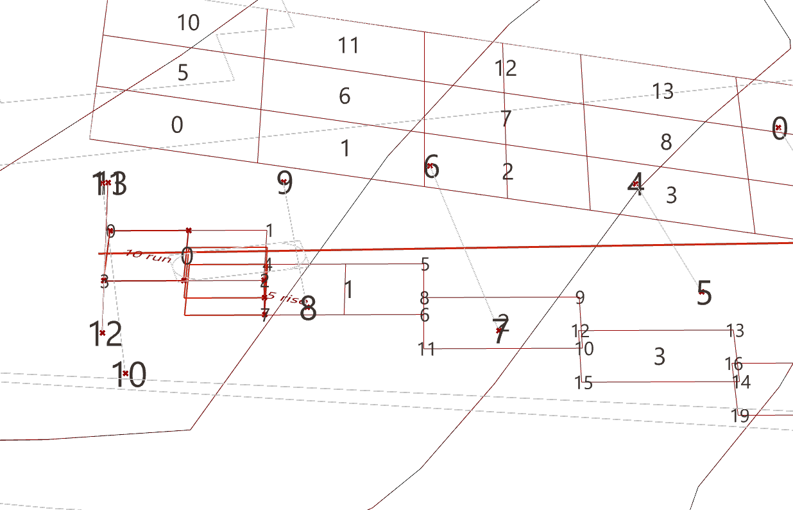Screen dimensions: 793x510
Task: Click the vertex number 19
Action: click(x=740, y=416)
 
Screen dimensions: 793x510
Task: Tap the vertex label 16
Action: click(x=733, y=365)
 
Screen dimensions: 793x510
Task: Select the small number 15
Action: click(x=583, y=383)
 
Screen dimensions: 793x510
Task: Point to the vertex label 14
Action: click(x=741, y=382)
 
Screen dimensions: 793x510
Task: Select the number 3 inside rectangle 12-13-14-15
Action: click(x=659, y=356)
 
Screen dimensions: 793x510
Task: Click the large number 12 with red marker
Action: click(x=105, y=334)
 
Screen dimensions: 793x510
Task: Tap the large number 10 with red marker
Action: click(x=129, y=374)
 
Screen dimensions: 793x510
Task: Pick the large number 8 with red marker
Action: click(x=308, y=310)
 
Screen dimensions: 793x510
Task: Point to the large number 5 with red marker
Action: click(x=704, y=294)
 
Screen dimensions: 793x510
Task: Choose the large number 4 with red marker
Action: click(x=635, y=184)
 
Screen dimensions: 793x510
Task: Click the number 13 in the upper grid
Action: click(x=662, y=92)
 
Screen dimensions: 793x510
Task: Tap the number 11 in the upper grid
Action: click(x=348, y=46)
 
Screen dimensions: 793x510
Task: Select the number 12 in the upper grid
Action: click(x=506, y=68)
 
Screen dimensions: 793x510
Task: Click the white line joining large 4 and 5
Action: click(x=669, y=238)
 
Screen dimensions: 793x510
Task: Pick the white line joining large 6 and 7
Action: click(x=464, y=248)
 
